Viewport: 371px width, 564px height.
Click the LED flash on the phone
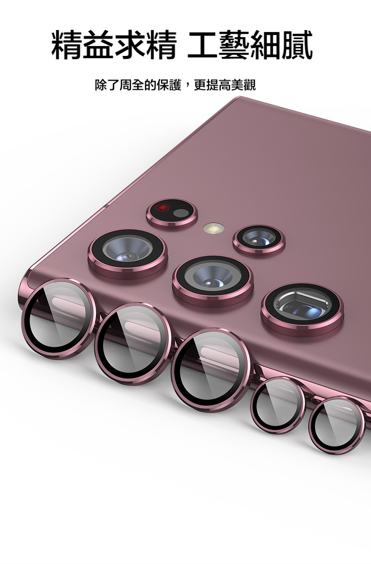tap(214, 228)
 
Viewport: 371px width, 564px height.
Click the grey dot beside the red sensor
tap(181, 213)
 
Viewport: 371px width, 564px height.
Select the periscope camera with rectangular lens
tap(302, 310)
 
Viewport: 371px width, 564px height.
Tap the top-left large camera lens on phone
tap(128, 253)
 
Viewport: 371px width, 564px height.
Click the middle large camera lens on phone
tap(213, 281)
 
